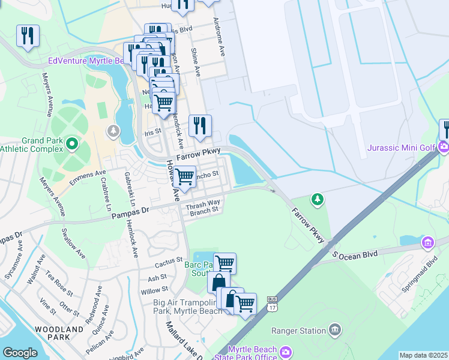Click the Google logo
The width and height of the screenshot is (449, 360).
click(x=20, y=353)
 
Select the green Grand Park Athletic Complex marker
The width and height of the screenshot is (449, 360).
click(x=72, y=143)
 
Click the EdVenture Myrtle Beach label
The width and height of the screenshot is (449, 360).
click(x=86, y=61)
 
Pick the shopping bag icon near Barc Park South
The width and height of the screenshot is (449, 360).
click(x=218, y=282)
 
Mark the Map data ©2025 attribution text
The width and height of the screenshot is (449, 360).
click(x=423, y=355)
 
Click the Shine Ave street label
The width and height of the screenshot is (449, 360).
click(x=196, y=62)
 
